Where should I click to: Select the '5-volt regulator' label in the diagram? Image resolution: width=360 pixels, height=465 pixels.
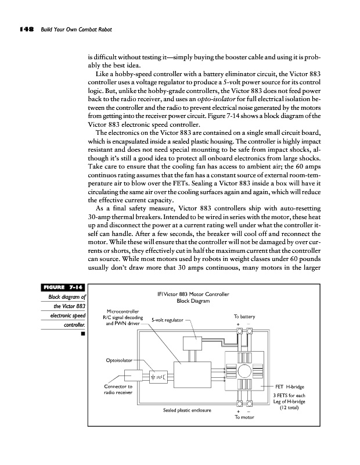tap(167, 320)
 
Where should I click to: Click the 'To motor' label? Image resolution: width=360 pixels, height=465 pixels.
tap(246, 417)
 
